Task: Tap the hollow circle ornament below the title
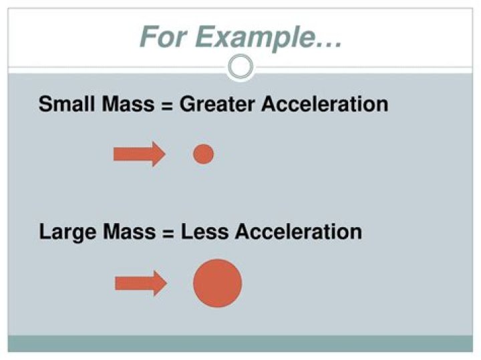click(240, 66)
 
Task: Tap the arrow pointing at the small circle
click(139, 154)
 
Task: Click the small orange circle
click(203, 154)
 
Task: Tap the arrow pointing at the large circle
click(140, 283)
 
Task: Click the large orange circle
click(217, 283)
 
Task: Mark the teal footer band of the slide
click(240, 343)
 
